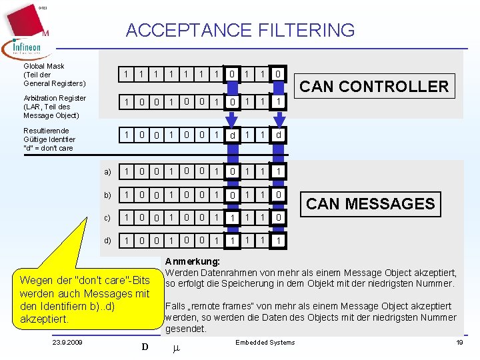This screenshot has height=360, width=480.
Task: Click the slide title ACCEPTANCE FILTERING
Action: click(240, 30)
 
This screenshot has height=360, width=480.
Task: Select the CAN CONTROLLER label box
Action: click(373, 86)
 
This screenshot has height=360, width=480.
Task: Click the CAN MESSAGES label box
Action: click(370, 203)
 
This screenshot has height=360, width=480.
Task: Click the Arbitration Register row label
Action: click(55, 107)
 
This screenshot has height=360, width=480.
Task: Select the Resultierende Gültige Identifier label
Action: click(49, 139)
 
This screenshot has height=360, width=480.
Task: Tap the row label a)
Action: click(107, 172)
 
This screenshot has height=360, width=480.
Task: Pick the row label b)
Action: click(107, 195)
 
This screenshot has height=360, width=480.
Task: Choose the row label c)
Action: click(107, 217)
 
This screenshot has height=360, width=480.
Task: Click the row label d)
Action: click(107, 240)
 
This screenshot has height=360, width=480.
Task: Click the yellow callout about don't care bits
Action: click(85, 299)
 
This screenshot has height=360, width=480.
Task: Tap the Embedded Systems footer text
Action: click(265, 343)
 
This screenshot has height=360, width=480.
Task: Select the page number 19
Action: click(459, 343)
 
